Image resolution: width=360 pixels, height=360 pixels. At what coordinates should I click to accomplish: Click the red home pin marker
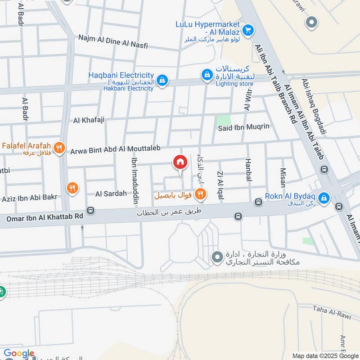pyautogui.click(x=180, y=162)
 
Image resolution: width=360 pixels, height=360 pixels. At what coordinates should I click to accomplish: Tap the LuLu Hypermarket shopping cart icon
pyautogui.click(x=247, y=31)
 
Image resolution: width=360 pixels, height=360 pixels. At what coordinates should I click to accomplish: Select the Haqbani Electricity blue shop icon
pyautogui.click(x=162, y=81)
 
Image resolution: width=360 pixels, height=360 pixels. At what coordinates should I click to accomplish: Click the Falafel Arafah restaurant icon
pyautogui.click(x=58, y=147)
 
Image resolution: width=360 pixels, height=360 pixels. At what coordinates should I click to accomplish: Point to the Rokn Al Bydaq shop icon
pyautogui.click(x=323, y=197)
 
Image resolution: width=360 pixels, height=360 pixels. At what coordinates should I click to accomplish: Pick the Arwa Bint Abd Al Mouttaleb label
pyautogui.click(x=115, y=151)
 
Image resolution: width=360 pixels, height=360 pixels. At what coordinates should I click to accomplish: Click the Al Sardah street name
pyautogui.click(x=111, y=194)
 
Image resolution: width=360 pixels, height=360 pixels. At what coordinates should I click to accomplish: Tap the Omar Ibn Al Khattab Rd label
pyautogui.click(x=45, y=216)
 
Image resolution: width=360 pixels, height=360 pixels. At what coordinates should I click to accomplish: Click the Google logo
pyautogui.click(x=19, y=354)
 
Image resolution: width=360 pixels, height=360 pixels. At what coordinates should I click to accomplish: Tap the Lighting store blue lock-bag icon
pyautogui.click(x=206, y=74)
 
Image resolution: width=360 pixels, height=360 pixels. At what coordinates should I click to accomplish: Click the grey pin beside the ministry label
pyautogui.click(x=217, y=257)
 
